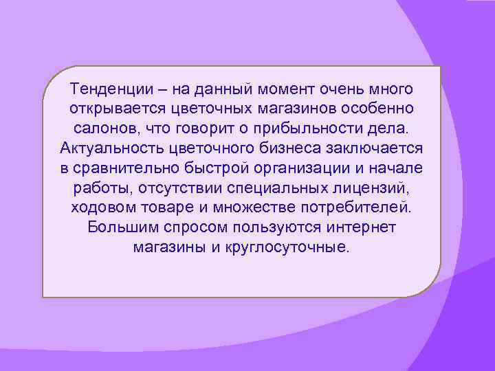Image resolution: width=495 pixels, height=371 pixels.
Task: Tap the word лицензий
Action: (381, 188)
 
